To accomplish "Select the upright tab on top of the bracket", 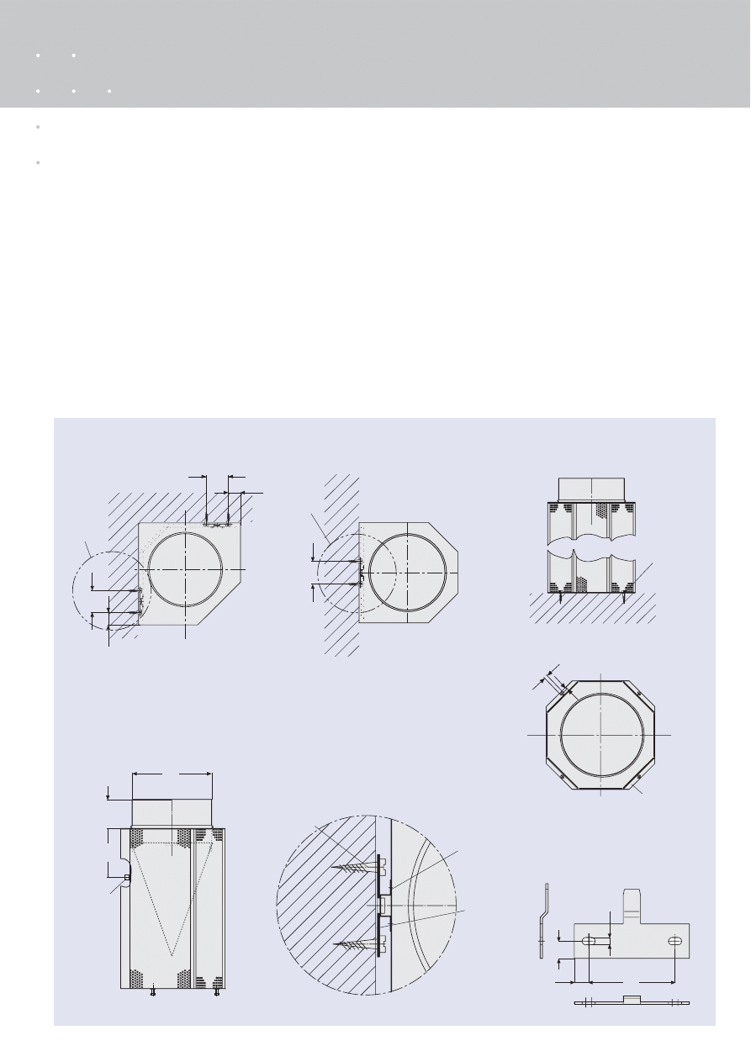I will [632, 906].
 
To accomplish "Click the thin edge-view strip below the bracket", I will [632, 1002].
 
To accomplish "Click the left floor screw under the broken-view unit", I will [562, 598].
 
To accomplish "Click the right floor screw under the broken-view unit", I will [622, 598].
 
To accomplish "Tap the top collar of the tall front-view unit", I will [172, 812].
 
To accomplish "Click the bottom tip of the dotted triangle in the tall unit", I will [172, 954].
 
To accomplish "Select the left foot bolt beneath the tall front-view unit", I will [152, 993].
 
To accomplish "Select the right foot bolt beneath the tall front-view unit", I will [217, 993].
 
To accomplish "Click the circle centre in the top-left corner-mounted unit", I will [185, 569].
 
